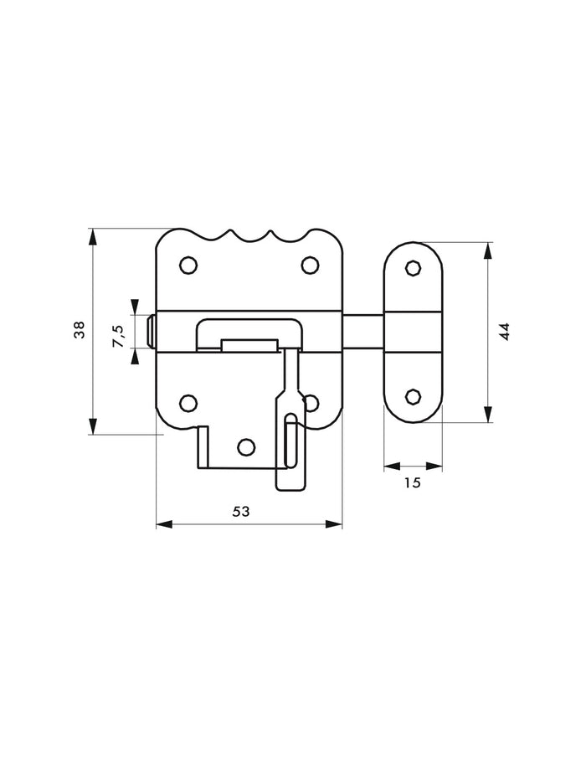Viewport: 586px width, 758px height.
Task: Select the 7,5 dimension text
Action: [x=120, y=334]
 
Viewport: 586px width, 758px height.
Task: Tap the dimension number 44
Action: [x=503, y=332]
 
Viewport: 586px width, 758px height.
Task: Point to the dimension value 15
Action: [x=410, y=482]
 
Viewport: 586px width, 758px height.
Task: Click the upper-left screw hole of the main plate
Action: [x=189, y=266]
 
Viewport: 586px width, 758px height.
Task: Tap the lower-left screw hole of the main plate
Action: [x=189, y=403]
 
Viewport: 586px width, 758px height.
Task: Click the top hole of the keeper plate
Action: [x=412, y=267]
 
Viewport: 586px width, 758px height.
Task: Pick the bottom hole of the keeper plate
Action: [x=412, y=397]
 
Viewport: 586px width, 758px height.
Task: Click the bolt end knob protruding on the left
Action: [x=150, y=333]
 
